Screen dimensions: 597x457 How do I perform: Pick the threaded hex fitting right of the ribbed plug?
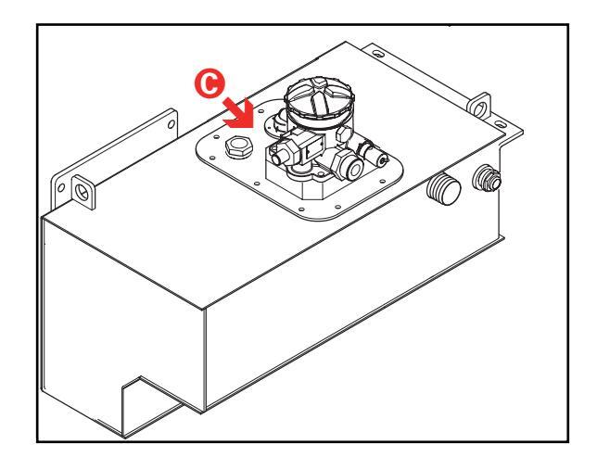[485, 176]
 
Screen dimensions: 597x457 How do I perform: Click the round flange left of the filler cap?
[273, 119]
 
